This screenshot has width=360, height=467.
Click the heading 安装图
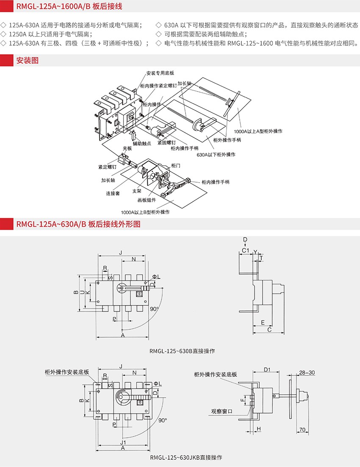27,60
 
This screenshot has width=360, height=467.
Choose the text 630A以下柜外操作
216,155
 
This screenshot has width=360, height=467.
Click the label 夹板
128,148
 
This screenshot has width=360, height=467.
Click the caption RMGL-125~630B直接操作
183,351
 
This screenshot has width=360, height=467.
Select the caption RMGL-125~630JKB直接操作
186,458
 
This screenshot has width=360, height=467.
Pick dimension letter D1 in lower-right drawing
267,370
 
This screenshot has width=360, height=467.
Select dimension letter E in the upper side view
263,322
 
